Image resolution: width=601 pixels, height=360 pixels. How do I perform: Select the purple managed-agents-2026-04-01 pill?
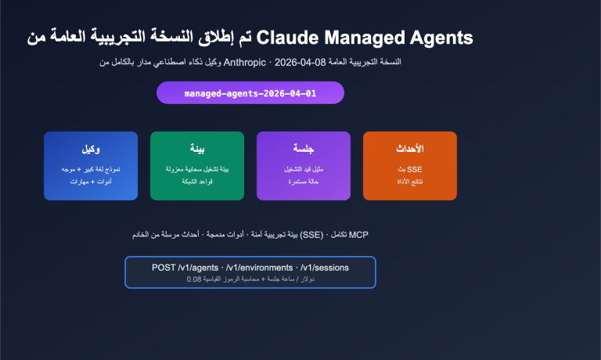(x=250, y=92)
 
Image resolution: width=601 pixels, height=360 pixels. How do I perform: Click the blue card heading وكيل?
(x=91, y=149)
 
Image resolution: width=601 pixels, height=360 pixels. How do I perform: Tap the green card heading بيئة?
(x=197, y=149)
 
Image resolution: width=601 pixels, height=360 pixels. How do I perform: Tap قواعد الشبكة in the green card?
(x=197, y=182)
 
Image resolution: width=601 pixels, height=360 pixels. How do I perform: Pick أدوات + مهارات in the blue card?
(x=91, y=182)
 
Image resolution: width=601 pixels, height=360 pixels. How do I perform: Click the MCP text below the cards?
(x=358, y=234)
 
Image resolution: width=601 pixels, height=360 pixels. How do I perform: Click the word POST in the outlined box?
(x=164, y=268)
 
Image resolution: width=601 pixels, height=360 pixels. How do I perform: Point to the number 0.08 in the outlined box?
(x=194, y=279)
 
